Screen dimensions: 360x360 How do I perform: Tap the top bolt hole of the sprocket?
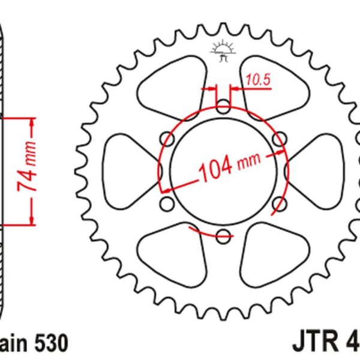click(x=223, y=109)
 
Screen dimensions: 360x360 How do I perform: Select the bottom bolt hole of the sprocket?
click(x=223, y=235)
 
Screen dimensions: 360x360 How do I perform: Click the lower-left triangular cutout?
click(x=171, y=258)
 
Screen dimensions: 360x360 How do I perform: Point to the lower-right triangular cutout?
click(x=276, y=258)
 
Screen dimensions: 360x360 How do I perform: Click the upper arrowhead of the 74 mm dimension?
click(x=32, y=123)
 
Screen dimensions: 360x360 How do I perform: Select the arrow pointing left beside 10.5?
click(x=235, y=88)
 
